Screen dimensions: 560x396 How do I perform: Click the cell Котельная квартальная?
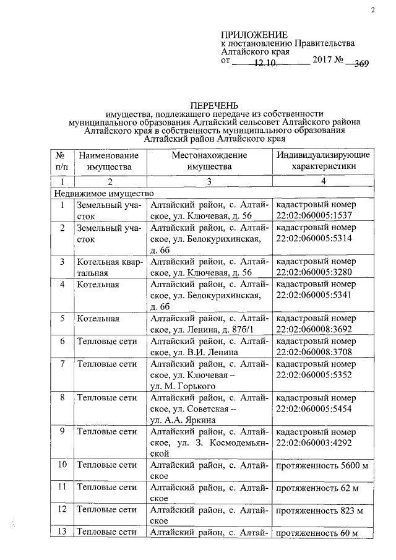pos(109,267)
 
